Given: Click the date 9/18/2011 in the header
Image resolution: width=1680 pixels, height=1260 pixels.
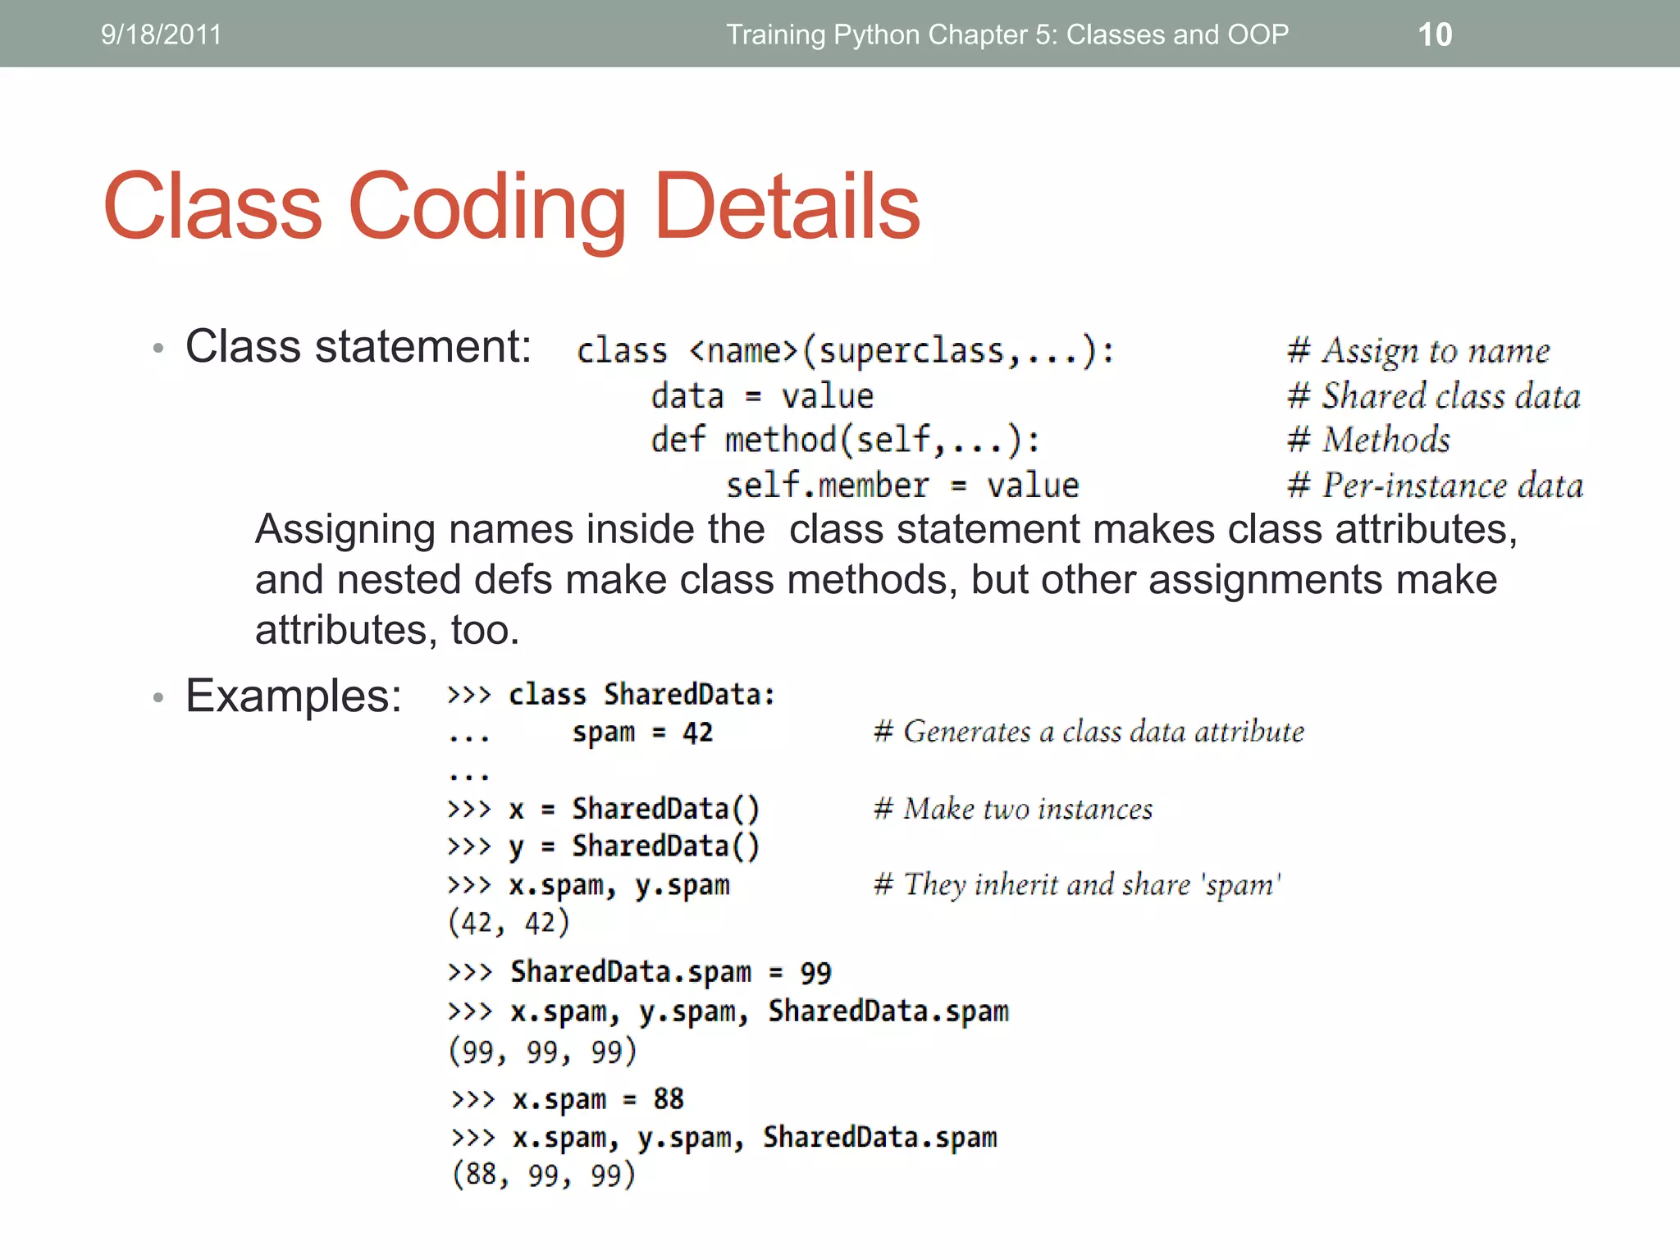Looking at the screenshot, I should point(161,34).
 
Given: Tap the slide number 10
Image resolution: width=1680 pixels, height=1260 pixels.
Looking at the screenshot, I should point(1435,34).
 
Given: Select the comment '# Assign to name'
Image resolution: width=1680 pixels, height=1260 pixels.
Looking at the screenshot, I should point(1418,351).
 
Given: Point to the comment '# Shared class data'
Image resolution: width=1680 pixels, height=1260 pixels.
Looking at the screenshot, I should point(1433,396).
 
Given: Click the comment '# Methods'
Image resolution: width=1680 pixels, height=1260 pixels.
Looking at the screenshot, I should point(1368,441).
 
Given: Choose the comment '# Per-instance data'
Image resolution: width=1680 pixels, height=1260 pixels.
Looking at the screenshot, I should point(1435,486).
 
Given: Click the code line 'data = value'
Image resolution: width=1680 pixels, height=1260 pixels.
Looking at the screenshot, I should point(762,397).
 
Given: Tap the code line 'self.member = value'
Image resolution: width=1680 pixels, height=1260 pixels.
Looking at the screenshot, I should point(902,486).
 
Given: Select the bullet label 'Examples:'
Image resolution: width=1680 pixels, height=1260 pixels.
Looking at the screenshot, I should point(293,696).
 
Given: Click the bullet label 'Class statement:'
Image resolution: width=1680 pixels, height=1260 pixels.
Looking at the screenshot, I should point(358,346).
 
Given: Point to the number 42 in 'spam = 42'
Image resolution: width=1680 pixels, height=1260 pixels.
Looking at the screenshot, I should point(697,733).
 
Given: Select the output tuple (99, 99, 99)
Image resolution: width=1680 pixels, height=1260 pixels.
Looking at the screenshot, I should point(542,1052).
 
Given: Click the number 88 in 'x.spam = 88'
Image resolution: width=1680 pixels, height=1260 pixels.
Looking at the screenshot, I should point(669,1099).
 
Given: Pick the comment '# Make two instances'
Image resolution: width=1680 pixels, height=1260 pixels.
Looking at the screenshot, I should point(1013,810).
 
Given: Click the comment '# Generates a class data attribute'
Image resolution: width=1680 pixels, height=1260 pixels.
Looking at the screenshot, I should point(1089,732).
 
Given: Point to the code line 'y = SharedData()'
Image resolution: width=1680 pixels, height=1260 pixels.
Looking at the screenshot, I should point(634,847).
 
